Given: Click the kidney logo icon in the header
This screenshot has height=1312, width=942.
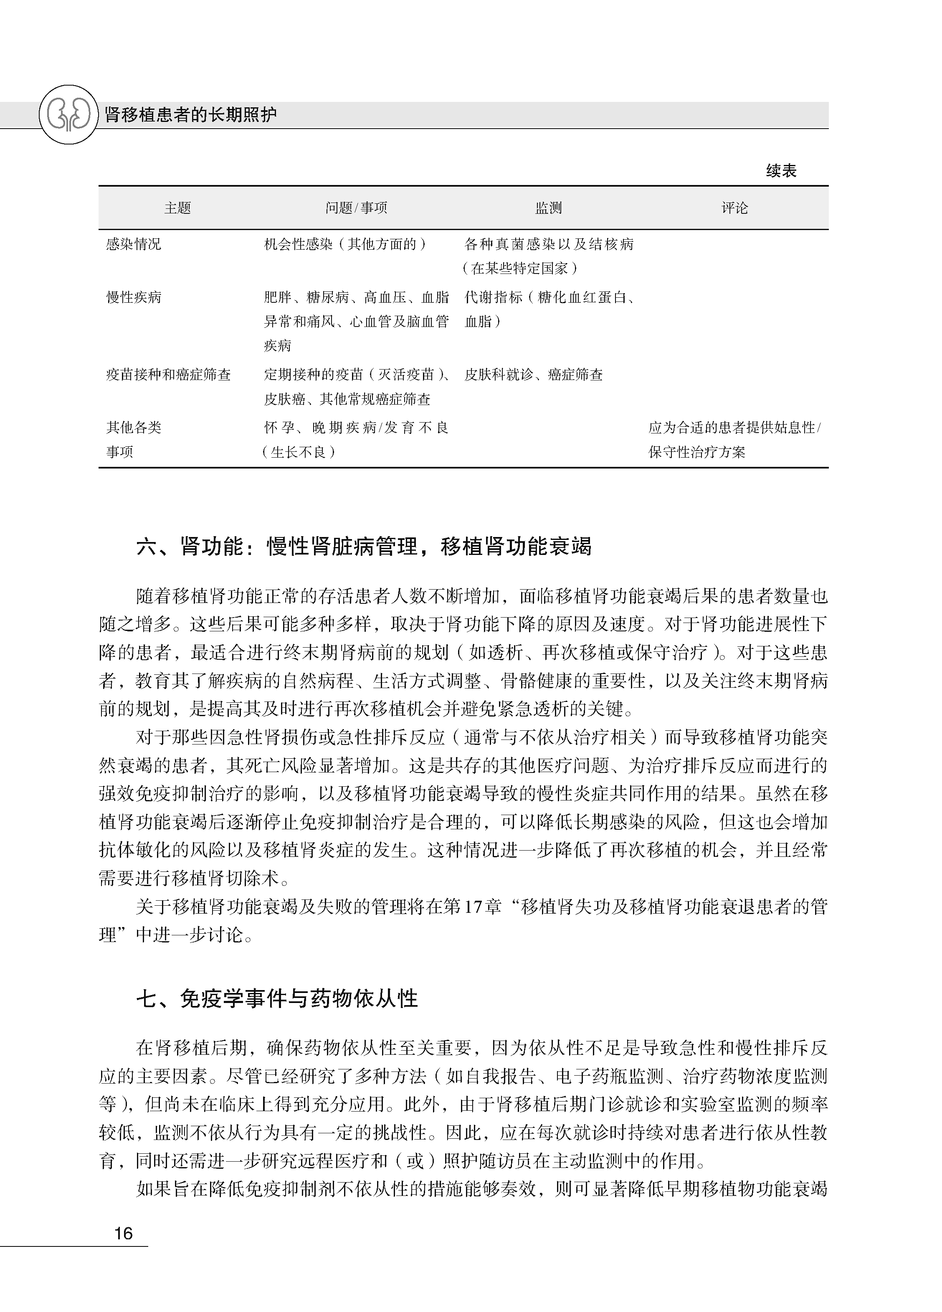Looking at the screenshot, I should (x=68, y=114).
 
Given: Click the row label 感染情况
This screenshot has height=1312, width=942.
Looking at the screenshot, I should (x=134, y=244).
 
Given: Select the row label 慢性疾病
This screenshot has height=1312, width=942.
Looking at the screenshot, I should (x=134, y=297).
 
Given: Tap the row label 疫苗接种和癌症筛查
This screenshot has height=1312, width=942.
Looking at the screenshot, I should (x=168, y=375).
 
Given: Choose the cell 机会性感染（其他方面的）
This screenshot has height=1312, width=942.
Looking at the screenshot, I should (x=345, y=244).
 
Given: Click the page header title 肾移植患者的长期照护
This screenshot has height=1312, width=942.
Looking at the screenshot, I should (x=190, y=115).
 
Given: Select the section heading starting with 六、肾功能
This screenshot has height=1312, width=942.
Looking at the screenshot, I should (x=364, y=547).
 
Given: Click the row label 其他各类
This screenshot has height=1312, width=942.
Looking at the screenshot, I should (x=134, y=428).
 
